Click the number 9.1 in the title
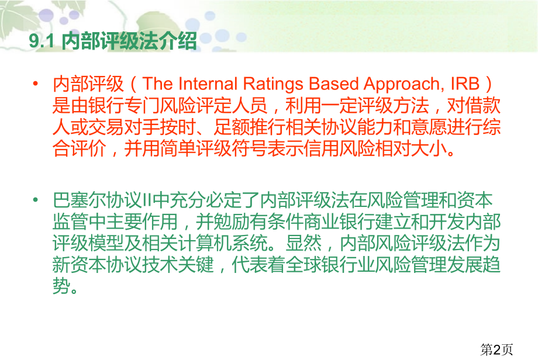(42, 41)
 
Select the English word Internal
(208, 84)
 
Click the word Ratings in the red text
(273, 84)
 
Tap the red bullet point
(35, 84)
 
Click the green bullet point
(35, 199)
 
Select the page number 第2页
(496, 349)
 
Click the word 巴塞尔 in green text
(80, 200)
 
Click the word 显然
(304, 243)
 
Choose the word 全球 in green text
(304, 265)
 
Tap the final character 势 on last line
(62, 286)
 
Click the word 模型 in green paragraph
(106, 243)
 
